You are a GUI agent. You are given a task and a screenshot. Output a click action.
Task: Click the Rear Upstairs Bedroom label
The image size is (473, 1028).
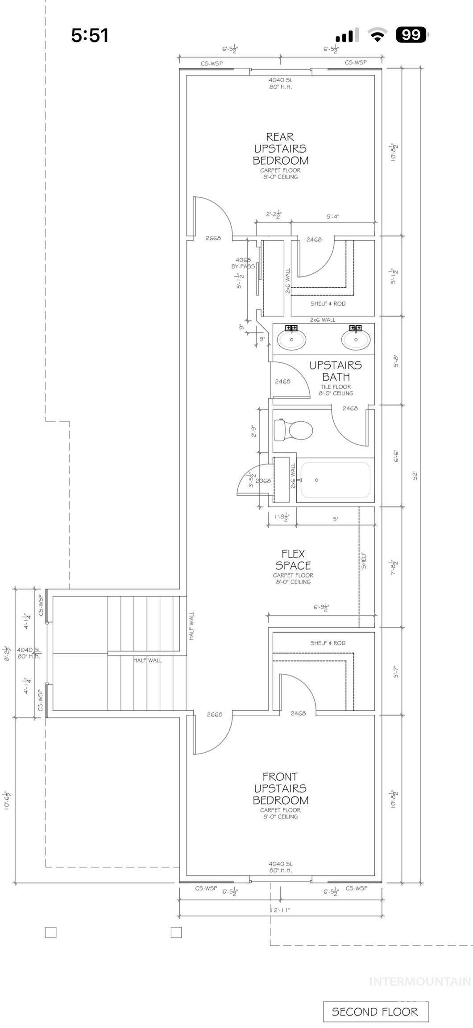pos(280,149)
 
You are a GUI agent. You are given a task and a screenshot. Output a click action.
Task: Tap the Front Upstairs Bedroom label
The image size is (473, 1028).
pos(280,788)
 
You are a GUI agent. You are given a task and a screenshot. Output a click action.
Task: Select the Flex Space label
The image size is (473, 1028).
pos(293,560)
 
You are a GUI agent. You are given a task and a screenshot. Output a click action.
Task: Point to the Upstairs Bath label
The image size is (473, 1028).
pos(336,371)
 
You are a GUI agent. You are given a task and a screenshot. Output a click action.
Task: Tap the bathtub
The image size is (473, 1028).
pos(335,480)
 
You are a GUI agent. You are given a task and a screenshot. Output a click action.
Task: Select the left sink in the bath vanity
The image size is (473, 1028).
pos(291,340)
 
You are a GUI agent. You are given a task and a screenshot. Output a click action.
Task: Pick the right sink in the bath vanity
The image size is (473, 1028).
pos(356,340)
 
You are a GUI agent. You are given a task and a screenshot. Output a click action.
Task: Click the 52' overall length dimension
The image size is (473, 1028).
pos(415,476)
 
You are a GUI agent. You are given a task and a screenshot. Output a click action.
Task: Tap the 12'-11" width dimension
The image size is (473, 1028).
pos(280,910)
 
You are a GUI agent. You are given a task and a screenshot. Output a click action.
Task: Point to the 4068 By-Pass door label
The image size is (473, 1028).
pos(243,263)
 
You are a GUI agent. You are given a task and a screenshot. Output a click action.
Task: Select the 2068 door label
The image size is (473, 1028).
pos(263,481)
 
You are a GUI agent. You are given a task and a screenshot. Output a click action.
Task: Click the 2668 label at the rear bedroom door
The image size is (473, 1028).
pos(213,238)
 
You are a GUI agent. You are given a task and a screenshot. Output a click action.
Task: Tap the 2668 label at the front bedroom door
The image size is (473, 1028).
pos(215,714)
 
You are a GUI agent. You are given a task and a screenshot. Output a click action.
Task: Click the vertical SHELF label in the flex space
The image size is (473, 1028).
pos(364,560)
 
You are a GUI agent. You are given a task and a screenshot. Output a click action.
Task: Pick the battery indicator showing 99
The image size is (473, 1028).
pos(411,35)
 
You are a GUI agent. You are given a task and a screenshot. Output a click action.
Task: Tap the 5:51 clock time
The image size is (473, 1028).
pos(90,35)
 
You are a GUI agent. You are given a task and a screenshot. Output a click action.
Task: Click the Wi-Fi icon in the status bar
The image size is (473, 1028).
pos(377,35)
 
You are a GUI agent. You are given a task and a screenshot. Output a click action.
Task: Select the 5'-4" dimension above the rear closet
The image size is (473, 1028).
pos(332,217)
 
